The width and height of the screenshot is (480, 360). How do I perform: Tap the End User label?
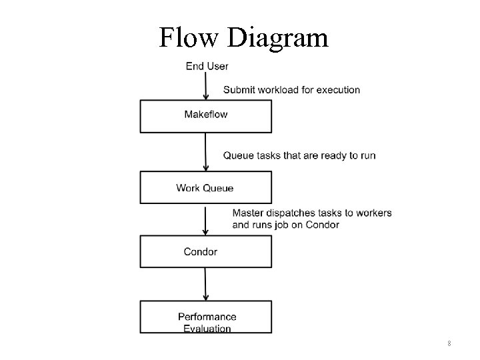tap(207, 66)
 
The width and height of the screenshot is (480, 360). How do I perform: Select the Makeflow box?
tap(205, 116)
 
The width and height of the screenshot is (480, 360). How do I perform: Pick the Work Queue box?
tap(205, 187)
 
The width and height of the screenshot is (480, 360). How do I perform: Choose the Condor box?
tap(205, 251)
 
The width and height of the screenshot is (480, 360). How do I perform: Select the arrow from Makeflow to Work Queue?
tap(205, 153)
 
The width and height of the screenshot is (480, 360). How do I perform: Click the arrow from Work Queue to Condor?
tap(205, 220)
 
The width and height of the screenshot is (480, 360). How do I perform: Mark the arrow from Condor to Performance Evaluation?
tap(205, 285)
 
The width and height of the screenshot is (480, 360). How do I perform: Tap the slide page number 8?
tap(449, 343)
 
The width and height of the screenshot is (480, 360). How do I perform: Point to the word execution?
tap(337, 90)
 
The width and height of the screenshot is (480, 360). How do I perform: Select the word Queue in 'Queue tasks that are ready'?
tap(238, 155)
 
